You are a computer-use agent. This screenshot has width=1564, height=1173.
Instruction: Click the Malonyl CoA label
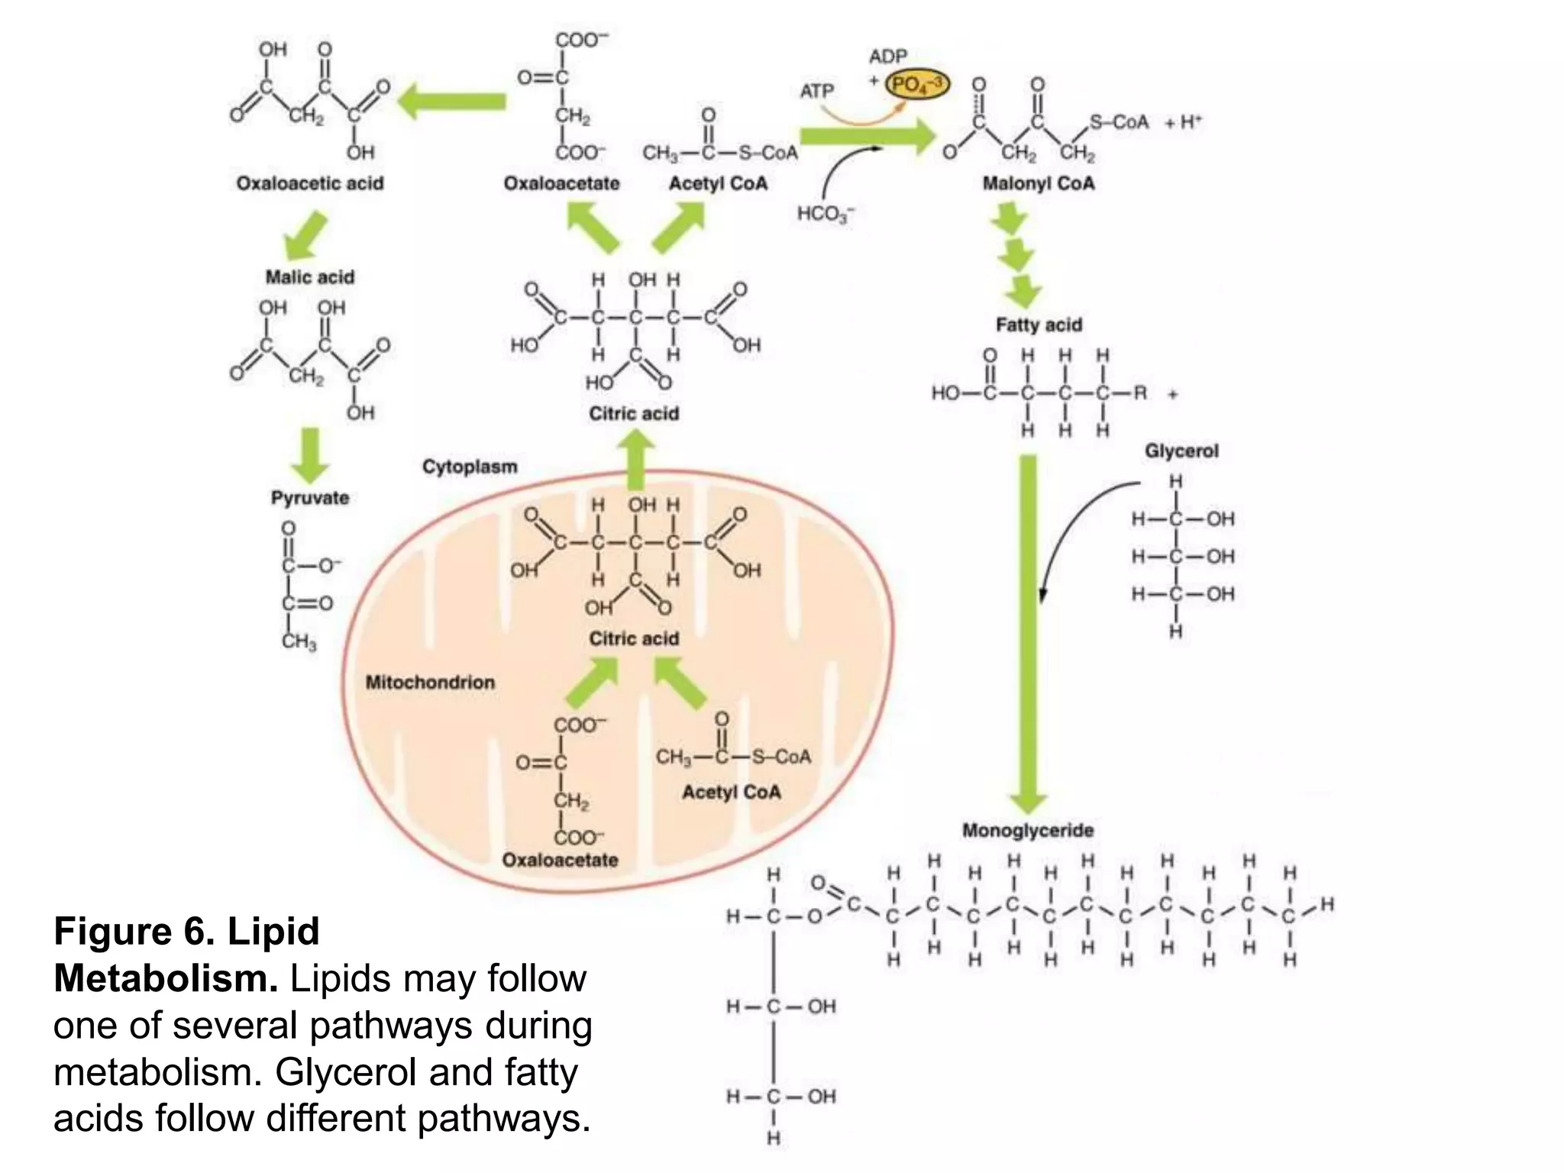[x=1038, y=183]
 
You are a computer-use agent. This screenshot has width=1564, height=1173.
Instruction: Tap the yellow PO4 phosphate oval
[x=918, y=84]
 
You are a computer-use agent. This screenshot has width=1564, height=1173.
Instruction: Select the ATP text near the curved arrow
[x=816, y=91]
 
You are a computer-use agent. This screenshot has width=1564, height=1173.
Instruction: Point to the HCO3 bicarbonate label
[x=826, y=214]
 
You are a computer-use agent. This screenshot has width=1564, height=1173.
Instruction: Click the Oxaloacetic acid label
[x=309, y=183]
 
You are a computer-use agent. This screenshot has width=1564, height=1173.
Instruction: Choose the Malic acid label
[x=309, y=277]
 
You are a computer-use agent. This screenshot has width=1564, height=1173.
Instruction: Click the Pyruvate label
[x=309, y=498]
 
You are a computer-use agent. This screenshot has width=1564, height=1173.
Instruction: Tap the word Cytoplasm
[x=470, y=467]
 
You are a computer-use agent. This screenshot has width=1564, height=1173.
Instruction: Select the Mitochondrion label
[x=430, y=682]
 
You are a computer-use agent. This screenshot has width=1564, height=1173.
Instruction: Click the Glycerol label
[x=1181, y=451]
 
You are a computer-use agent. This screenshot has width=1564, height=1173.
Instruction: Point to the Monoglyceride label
[x=1027, y=830]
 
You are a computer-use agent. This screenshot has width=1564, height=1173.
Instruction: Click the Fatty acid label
[x=1039, y=325]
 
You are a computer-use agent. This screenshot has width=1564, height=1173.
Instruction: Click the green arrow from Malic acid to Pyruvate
[x=310, y=455]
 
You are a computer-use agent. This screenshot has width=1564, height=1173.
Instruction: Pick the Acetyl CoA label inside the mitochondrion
[x=731, y=792]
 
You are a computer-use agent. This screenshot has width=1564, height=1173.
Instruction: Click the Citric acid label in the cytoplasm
[x=633, y=413]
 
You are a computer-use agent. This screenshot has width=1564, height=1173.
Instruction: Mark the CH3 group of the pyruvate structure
[x=298, y=641]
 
